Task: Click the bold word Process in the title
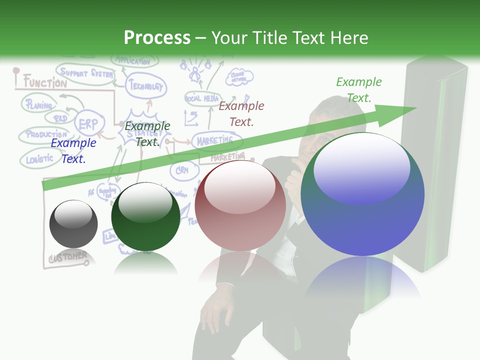157,37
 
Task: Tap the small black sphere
73,223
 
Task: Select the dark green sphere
145,217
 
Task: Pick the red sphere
240,205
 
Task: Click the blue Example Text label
73,151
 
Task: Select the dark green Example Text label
147,134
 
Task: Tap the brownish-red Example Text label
241,113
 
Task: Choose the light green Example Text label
358,89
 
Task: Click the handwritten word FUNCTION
44,82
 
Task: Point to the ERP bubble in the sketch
89,123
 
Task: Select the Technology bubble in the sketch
145,86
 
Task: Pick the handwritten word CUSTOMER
67,257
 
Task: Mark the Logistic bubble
39,159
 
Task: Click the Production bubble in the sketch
46,134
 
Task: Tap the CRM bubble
180,170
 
